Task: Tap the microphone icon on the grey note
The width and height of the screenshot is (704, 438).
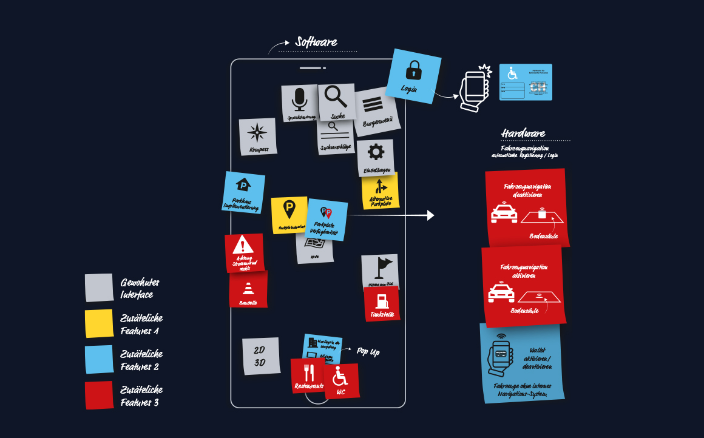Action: click(299, 99)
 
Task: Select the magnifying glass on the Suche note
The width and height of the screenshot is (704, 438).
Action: click(334, 96)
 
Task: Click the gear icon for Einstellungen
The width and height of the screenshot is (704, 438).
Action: click(376, 152)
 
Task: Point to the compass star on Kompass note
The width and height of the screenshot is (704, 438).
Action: click(257, 132)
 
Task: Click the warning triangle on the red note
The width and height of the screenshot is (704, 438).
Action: click(243, 244)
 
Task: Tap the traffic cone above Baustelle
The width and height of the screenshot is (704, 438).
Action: click(248, 288)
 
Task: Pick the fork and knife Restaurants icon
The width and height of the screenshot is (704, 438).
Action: click(309, 371)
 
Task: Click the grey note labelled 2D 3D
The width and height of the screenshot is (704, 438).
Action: click(260, 355)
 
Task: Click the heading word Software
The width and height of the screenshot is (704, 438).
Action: click(316, 42)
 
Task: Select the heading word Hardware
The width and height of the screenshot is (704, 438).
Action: click(523, 133)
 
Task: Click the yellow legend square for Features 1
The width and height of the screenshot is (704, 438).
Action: click(99, 323)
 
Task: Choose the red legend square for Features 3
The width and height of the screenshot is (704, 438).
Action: click(99, 395)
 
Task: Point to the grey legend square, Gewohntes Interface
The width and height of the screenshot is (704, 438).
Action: click(99, 288)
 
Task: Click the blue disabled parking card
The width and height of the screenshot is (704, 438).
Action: click(526, 82)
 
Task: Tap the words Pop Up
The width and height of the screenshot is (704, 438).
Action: click(368, 352)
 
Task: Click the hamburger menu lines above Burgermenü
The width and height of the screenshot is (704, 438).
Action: click(371, 104)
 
